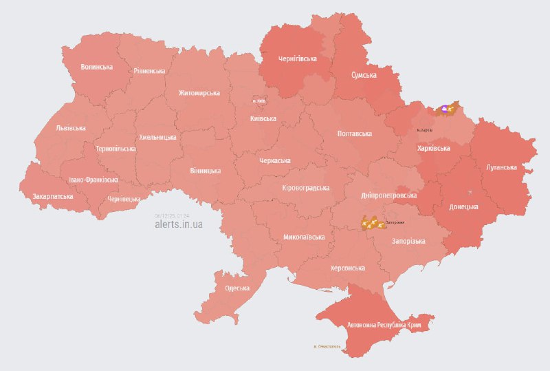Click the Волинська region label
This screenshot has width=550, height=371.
(x=96, y=67)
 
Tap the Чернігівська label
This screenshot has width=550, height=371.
(x=298, y=59)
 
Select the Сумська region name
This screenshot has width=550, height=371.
(x=363, y=74)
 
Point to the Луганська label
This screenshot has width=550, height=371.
(x=500, y=167)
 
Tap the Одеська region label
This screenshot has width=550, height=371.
(x=236, y=288)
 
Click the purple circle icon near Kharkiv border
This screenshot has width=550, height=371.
(x=445, y=108)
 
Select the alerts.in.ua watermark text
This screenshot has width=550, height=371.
(x=178, y=224)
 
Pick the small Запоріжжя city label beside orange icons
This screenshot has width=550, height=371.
(x=395, y=222)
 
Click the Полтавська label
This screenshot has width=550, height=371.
(x=354, y=134)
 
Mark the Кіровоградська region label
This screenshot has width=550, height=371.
(x=306, y=188)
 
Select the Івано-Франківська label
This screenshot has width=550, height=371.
(x=93, y=180)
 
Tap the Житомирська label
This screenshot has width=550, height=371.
(x=199, y=93)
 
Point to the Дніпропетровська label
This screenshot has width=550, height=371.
(x=388, y=195)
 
